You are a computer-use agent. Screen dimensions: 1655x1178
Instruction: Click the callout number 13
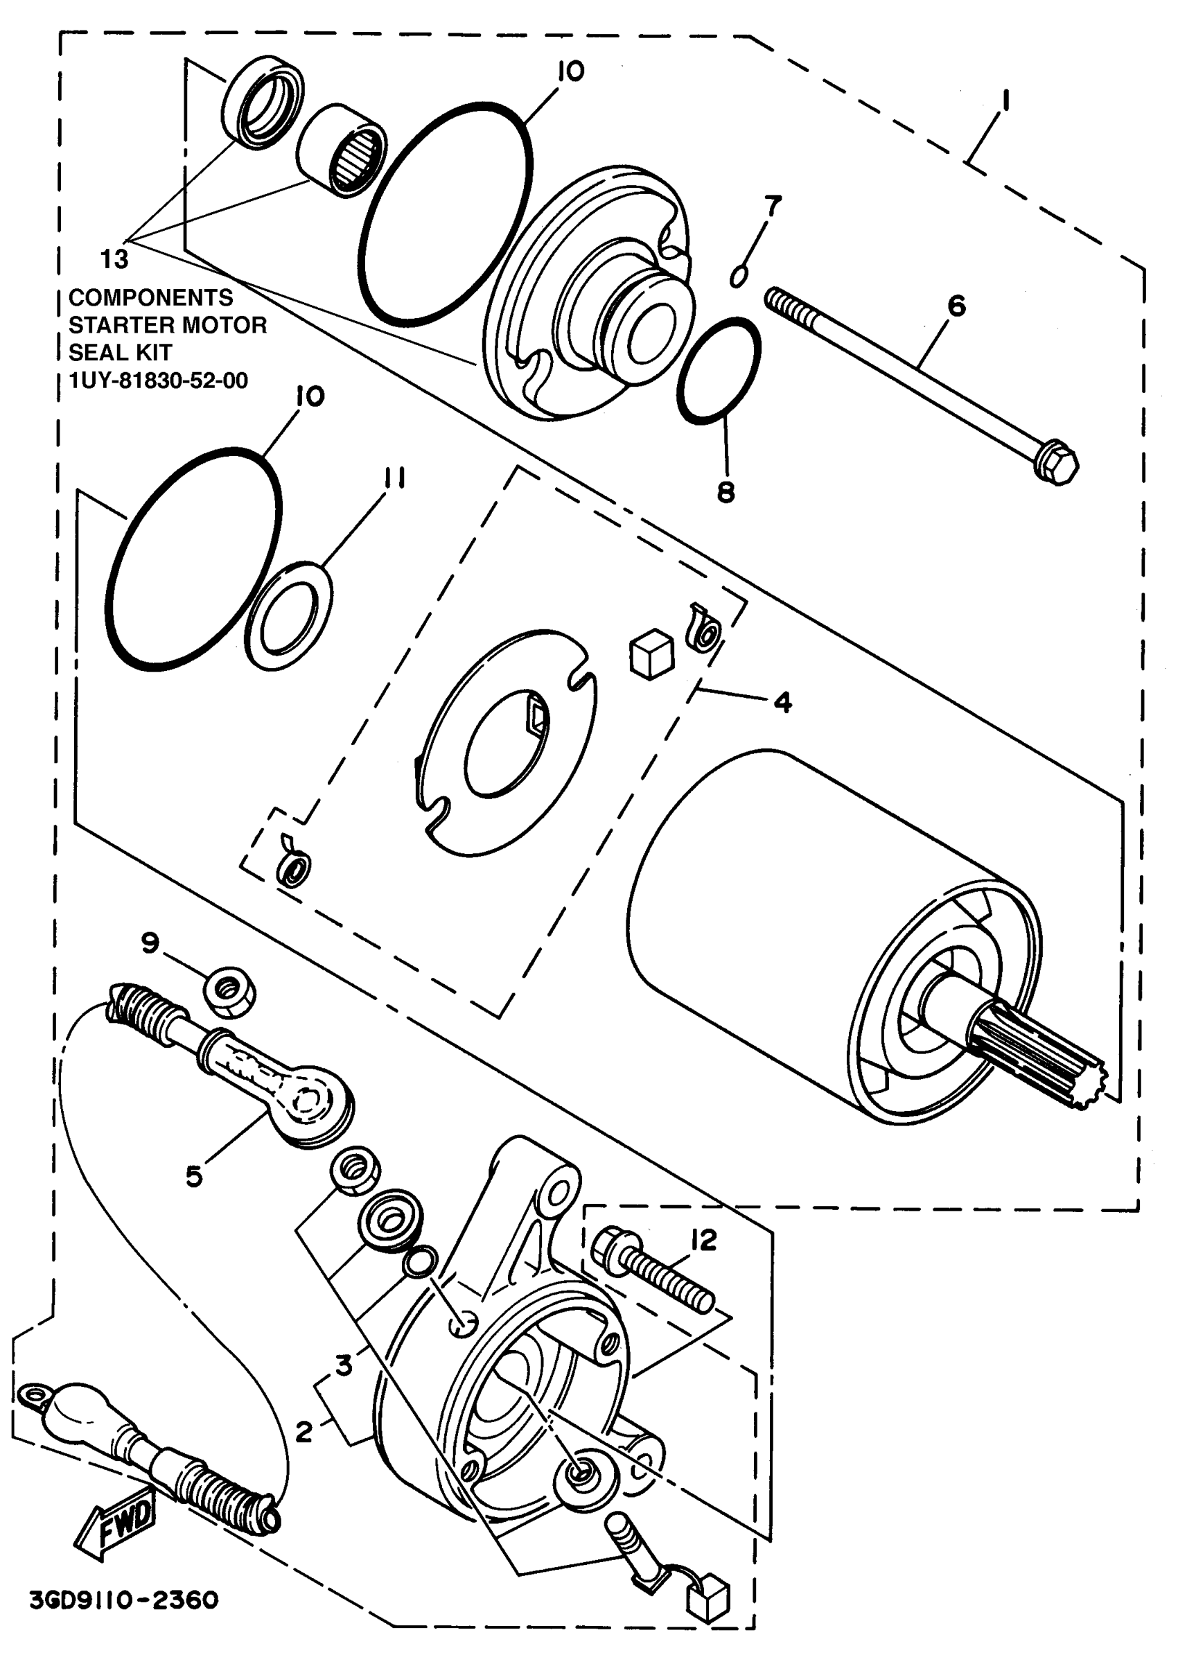114,259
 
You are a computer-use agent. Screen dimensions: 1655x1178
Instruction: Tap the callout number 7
773,206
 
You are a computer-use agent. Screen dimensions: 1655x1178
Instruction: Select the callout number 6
957,306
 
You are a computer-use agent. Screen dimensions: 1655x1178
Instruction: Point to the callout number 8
726,493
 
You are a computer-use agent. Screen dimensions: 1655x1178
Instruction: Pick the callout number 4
782,702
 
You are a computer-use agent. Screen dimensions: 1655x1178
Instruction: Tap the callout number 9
150,943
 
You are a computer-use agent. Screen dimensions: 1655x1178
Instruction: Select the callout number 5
193,1176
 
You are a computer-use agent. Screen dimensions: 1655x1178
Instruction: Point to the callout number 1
1005,99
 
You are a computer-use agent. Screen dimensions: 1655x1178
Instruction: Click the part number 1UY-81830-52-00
158,380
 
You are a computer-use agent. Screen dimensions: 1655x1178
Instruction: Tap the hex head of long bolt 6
1055,465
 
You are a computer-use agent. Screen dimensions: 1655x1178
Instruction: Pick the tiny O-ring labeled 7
739,277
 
